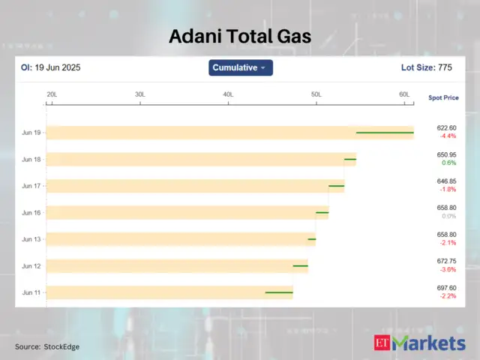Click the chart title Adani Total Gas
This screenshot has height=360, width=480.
pos(239,36)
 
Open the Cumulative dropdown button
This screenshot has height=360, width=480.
pos(240,67)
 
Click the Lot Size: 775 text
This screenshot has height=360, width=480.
pos(427,67)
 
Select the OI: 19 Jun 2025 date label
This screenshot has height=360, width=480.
pos(50,67)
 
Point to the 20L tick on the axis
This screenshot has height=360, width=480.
pos(52,94)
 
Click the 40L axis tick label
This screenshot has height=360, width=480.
pos(228,94)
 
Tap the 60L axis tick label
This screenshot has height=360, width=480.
pos(404,94)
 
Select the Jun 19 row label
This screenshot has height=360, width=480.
pos(31,133)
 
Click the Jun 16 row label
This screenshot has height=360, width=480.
pos(31,213)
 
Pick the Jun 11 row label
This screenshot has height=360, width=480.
pos(31,292)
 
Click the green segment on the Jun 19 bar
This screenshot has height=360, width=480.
pos(385,133)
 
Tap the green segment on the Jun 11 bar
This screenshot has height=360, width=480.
pos(279,292)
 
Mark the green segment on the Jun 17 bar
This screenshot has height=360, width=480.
pos(336,186)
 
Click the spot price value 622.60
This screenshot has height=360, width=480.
pos(447,128)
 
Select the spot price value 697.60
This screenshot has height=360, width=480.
pos(447,288)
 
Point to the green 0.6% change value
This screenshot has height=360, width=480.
pos(448,163)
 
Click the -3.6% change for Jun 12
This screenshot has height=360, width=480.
pos(448,270)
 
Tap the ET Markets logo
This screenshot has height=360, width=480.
pos(419,343)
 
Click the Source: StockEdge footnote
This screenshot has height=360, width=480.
pos(47,347)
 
